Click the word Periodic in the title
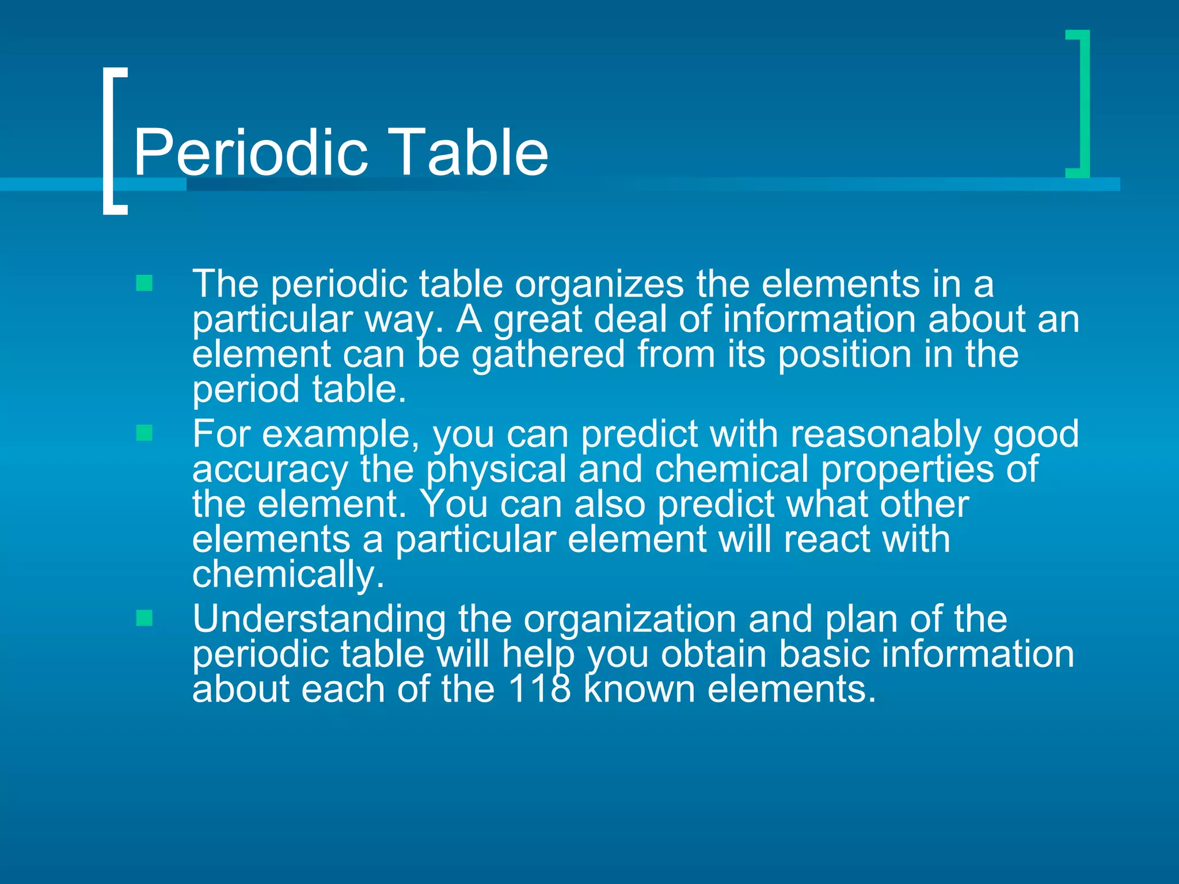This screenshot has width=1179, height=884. point(250,153)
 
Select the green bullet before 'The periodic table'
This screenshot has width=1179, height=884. point(144,283)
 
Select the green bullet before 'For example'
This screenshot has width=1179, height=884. point(144,433)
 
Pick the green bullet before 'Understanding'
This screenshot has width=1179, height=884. point(144,618)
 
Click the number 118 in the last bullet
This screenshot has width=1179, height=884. point(539,689)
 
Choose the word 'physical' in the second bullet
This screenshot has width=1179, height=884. point(496,470)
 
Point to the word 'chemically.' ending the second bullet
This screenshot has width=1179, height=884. point(288,575)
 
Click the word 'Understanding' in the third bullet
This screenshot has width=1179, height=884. point(319,620)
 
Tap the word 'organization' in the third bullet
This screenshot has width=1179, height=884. point(630,620)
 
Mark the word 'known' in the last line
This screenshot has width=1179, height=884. point(639,689)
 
